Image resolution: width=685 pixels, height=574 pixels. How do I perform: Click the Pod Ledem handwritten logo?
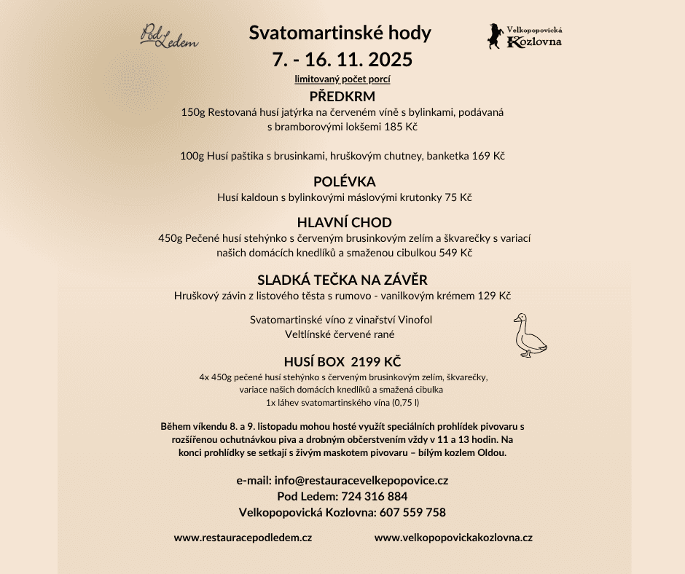(169, 36)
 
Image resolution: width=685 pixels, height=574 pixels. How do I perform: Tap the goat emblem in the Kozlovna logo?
(496, 36)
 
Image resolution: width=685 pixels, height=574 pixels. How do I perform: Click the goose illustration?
(529, 335)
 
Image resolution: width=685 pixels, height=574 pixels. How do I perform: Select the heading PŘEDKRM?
(342, 97)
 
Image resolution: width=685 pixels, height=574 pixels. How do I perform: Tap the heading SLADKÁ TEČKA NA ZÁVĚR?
(342, 280)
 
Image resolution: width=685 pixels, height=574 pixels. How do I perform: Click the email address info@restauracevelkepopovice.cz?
(361, 480)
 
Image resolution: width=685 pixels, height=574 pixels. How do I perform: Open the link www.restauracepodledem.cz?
(243, 538)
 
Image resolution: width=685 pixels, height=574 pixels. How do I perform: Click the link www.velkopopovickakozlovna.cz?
(453, 538)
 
